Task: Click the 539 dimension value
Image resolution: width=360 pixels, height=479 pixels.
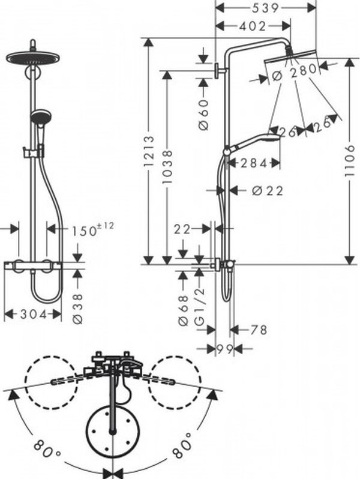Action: (265, 8)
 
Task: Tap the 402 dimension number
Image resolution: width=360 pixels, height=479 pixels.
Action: (253, 26)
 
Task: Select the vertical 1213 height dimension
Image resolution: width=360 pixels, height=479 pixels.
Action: (149, 151)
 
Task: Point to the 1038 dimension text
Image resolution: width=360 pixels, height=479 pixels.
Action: (167, 166)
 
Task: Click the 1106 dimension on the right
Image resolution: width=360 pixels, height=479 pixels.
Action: (349, 161)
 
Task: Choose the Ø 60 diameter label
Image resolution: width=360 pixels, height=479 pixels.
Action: (203, 115)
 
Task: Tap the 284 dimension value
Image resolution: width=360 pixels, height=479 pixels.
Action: (254, 163)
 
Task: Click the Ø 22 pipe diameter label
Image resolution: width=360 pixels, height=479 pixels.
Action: (268, 191)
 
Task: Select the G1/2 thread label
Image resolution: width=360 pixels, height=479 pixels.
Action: (199, 306)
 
